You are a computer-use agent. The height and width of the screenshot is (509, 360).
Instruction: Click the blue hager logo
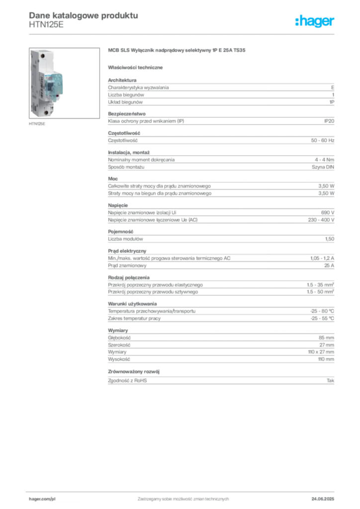(316, 22)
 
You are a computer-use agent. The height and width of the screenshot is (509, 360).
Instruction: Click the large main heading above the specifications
(177, 51)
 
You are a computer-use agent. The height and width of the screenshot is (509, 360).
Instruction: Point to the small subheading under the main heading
(137, 67)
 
